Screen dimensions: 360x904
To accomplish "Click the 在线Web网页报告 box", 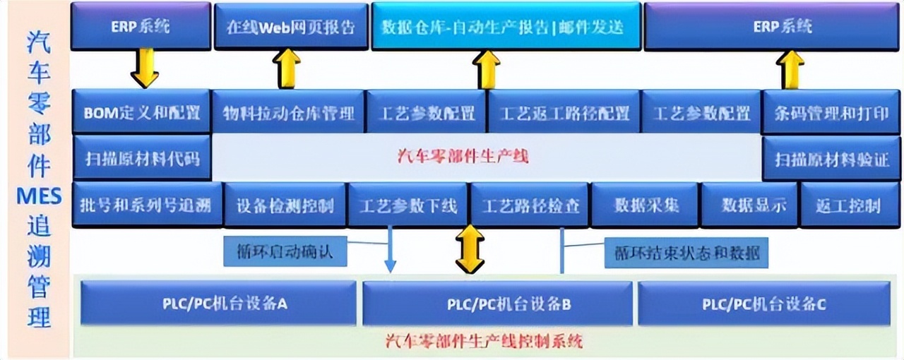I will pyautogui.click(x=291, y=27).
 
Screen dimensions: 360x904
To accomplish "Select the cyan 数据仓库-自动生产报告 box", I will pyautogui.click(x=506, y=27).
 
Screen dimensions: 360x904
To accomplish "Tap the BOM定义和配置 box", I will pyautogui.click(x=141, y=112).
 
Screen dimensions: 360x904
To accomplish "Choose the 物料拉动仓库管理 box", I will pyautogui.click(x=288, y=112).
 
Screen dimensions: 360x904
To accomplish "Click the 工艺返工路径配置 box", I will pyautogui.click(x=564, y=112).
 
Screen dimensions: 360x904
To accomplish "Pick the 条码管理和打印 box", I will pyautogui.click(x=831, y=112).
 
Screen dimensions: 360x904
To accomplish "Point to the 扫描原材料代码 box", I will pyautogui.click(x=141, y=157).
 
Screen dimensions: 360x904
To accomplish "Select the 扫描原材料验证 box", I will pyautogui.click(x=831, y=158).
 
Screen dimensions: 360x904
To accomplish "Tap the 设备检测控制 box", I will pyautogui.click(x=285, y=205).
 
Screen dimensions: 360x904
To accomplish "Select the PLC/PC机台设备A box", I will pyautogui.click(x=218, y=304).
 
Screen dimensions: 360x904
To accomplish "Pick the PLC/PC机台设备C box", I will pyautogui.click(x=763, y=304).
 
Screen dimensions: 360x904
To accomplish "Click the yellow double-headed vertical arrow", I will pyautogui.click(x=470, y=248).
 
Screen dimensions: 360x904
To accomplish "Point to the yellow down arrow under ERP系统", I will pyautogui.click(x=145, y=68).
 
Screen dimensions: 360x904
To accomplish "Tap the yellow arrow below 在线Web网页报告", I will pyautogui.click(x=287, y=68).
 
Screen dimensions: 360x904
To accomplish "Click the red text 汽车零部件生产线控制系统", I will pyautogui.click(x=484, y=341).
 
